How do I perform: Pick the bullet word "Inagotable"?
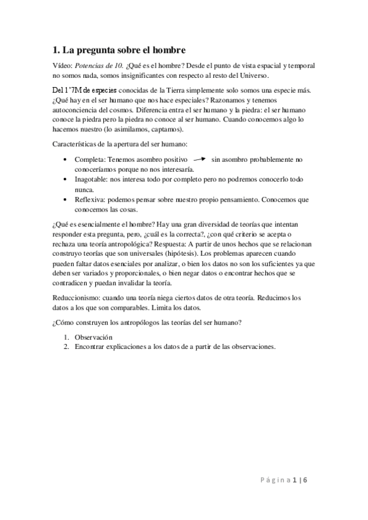tap(92, 180)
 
